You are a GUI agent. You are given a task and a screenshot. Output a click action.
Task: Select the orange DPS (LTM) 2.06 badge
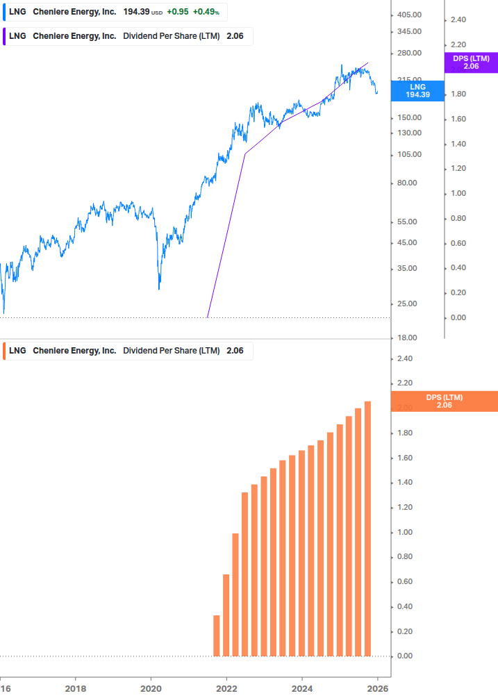click(x=445, y=401)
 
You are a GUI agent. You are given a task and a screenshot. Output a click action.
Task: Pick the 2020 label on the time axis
click(x=151, y=689)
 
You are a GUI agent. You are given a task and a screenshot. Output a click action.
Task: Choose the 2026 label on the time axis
click(x=377, y=689)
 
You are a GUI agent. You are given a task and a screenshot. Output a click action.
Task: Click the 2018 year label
click(x=76, y=689)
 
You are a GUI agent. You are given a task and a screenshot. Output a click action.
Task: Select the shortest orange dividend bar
click(x=217, y=635)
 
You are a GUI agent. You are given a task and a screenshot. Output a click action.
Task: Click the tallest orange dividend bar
click(x=367, y=528)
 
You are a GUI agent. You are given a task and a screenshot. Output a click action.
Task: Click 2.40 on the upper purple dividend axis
click(x=458, y=20)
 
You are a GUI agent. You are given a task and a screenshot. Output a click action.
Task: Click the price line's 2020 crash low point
click(x=159, y=288)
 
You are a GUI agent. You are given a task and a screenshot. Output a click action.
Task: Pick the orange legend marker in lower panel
click(x=4, y=351)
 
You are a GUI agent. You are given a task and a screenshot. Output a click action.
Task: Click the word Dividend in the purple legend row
click(x=141, y=36)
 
